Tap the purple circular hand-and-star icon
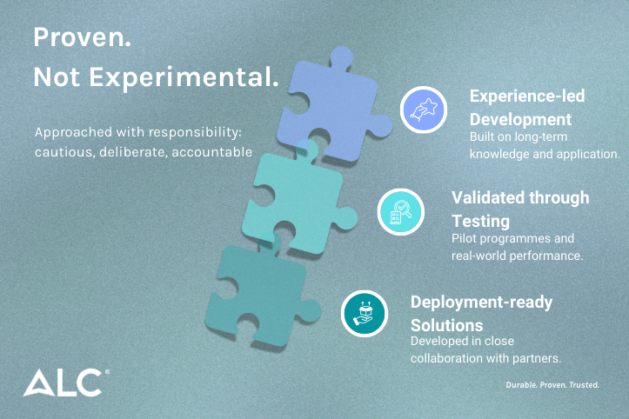click(424, 109)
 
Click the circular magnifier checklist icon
click(400, 212)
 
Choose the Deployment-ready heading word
click(481, 302)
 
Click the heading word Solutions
click(446, 323)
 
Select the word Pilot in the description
click(464, 238)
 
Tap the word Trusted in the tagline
click(583, 384)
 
